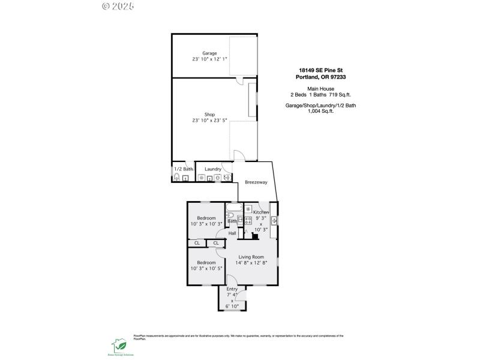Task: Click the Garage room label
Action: coord(209,53)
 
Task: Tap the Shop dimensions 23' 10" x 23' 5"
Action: coord(209,121)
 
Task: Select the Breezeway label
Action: coord(256,182)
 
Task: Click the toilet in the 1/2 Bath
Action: coord(177,178)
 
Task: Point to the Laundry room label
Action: coord(213,169)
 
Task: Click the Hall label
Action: coord(232,233)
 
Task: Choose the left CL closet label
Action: coord(197,243)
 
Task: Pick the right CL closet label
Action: coord(216,243)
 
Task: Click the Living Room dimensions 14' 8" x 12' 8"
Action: coord(252,262)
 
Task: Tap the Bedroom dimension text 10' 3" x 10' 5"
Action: coord(206,268)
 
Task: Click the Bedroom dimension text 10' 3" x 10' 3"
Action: coord(206,223)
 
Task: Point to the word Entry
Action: coord(232,289)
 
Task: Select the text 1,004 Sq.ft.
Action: coord(320,111)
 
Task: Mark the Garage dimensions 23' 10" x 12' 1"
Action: coord(209,59)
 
